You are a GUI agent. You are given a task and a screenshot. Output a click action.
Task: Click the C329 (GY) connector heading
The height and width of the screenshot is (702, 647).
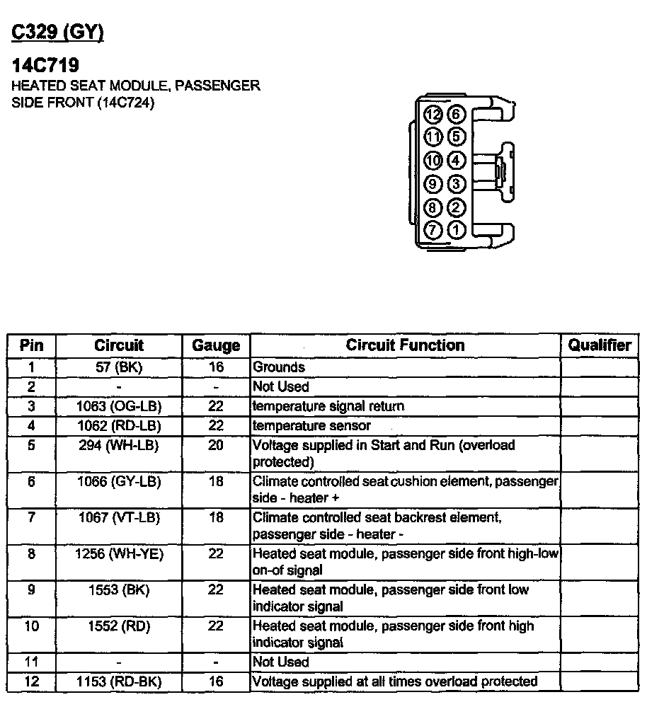(58, 33)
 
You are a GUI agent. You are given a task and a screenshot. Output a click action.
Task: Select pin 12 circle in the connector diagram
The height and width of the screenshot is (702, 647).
(433, 115)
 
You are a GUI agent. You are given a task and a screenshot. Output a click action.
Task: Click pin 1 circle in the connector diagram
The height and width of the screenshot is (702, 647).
(457, 230)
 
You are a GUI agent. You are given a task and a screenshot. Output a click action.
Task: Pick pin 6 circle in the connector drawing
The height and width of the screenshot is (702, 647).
(457, 115)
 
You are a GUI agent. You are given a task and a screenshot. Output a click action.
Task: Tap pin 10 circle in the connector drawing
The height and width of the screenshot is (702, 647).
(433, 161)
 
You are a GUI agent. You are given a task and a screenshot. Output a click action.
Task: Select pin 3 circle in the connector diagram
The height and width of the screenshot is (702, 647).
(457, 184)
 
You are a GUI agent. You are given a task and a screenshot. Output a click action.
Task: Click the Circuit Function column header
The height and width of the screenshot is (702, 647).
(405, 345)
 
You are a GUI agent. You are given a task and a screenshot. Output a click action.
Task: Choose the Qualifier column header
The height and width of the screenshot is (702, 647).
(600, 345)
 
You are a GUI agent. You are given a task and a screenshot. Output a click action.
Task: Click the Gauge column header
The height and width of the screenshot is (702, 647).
(216, 346)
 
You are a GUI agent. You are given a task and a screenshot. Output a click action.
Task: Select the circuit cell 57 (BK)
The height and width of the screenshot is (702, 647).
(119, 367)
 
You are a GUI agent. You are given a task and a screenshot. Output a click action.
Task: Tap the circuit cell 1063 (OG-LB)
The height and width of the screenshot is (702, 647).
(119, 406)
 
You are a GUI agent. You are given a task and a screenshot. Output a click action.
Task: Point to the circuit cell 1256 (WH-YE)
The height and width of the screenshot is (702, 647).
(119, 554)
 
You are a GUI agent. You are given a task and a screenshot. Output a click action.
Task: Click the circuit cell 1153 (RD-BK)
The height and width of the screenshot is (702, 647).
(119, 681)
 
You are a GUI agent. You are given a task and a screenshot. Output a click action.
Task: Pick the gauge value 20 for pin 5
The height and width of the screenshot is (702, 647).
(216, 445)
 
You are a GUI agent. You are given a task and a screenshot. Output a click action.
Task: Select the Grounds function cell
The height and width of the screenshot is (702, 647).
(279, 367)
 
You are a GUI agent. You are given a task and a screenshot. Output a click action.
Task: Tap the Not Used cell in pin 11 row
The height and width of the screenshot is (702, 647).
(281, 662)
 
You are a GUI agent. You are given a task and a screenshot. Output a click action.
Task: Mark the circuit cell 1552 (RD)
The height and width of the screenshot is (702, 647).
(119, 626)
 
